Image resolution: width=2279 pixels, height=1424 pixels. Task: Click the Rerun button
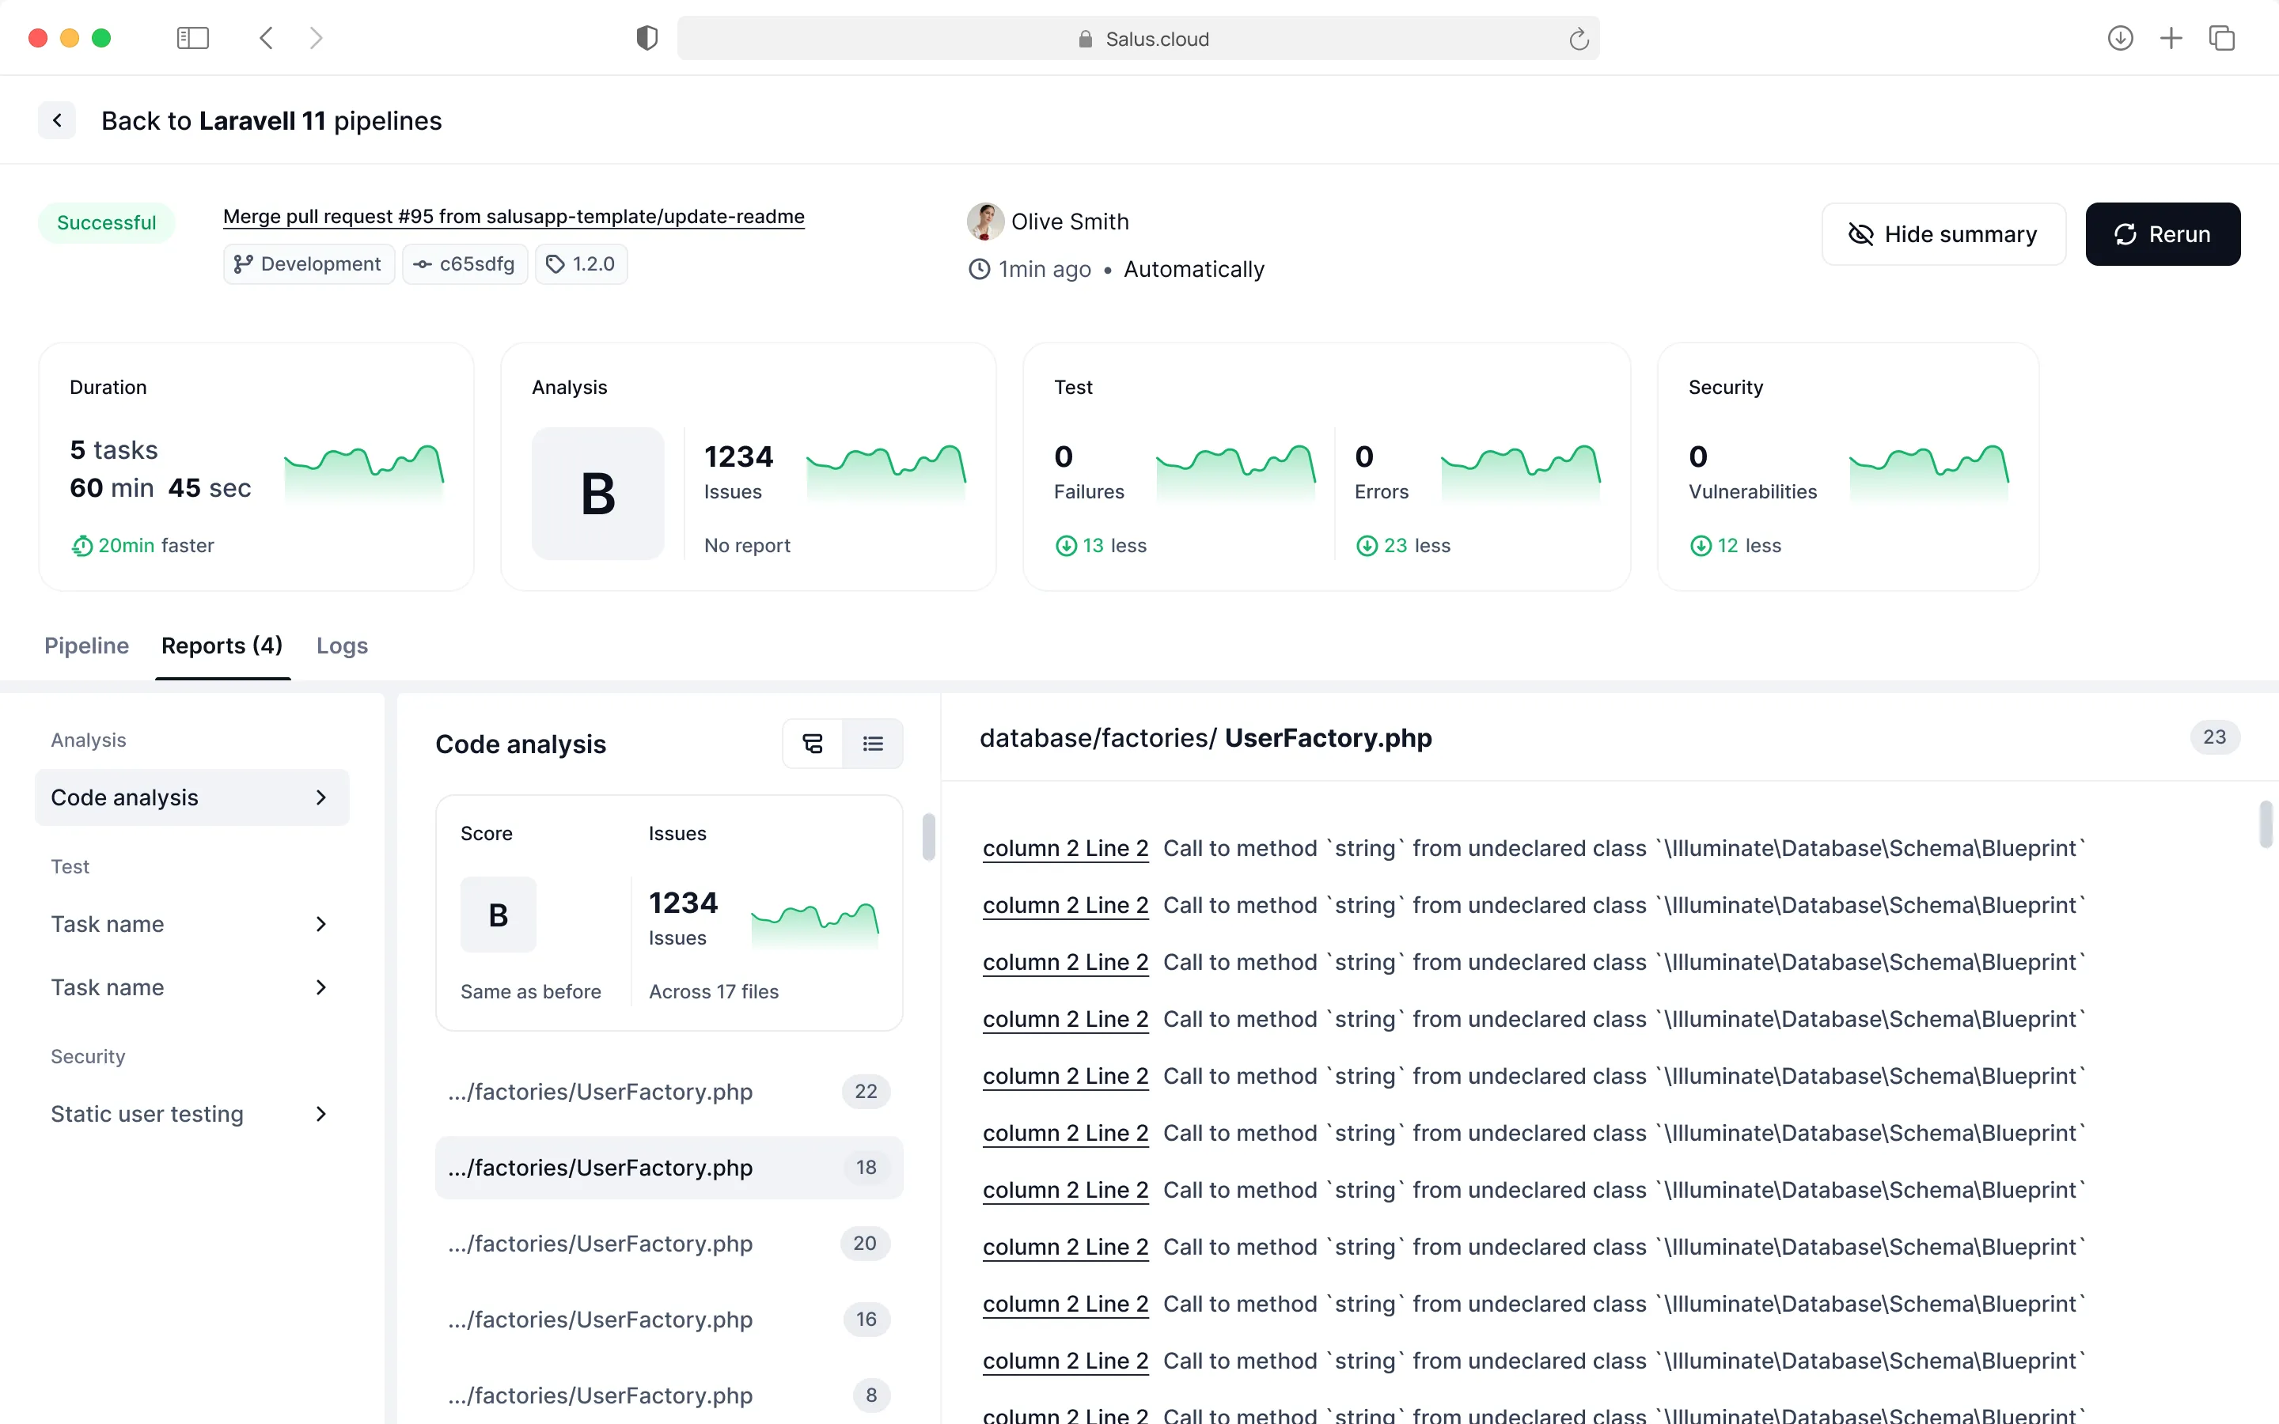click(2162, 233)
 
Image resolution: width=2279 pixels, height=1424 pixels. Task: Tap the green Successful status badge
click(106, 223)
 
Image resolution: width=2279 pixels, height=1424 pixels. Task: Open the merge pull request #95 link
click(514, 217)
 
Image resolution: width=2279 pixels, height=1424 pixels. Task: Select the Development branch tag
click(308, 263)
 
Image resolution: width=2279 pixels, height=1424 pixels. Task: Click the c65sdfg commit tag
click(465, 263)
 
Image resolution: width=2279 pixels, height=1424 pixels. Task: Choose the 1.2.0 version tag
click(581, 263)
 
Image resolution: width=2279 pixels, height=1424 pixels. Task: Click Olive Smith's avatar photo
click(985, 222)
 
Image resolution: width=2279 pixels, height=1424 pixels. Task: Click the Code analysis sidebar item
click(192, 797)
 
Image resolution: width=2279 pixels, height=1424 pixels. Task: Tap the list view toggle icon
click(873, 744)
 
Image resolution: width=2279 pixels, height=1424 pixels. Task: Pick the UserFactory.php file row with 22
click(669, 1092)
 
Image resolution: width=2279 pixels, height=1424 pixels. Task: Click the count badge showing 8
click(871, 1395)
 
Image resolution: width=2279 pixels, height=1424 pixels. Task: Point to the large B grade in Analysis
click(598, 494)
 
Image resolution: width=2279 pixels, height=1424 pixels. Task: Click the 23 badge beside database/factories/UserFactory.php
click(2214, 737)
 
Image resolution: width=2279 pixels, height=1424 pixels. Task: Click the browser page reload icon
click(1579, 39)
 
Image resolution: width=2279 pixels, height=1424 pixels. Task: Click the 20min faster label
click(143, 545)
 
